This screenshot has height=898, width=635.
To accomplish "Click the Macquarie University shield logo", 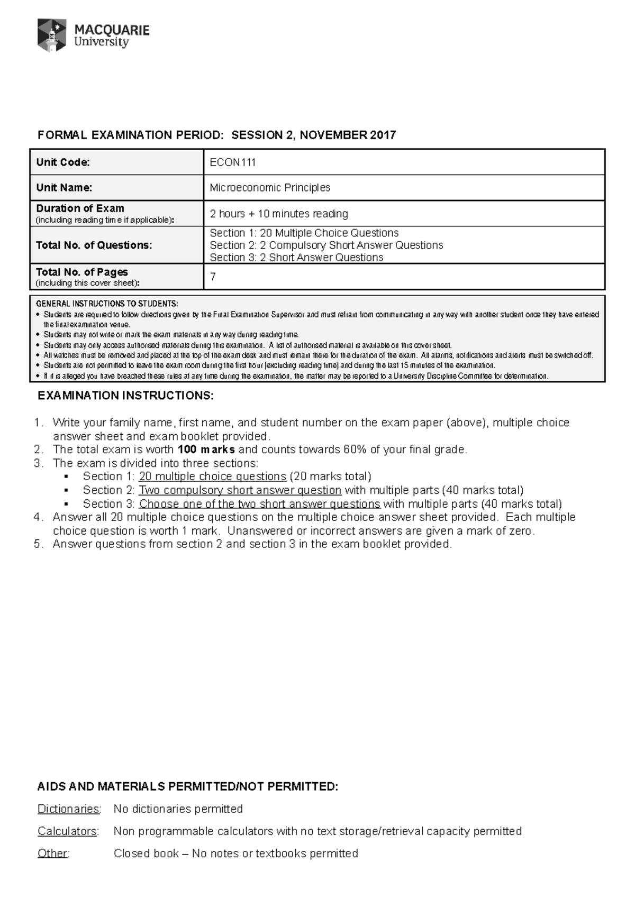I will click(x=52, y=35).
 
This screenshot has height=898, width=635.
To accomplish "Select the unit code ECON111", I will click(x=233, y=162).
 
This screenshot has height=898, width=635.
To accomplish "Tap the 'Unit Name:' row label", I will click(x=64, y=188).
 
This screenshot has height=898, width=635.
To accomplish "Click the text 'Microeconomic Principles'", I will click(x=270, y=188).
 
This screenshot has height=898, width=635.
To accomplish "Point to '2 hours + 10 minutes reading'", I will click(x=279, y=214).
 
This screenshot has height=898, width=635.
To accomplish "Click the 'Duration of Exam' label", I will click(x=80, y=208).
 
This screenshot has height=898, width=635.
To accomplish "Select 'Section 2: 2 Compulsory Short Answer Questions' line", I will click(x=326, y=245).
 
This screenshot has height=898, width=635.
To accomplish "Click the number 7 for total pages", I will click(x=213, y=277).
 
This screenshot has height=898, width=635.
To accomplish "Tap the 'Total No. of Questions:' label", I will click(x=94, y=245).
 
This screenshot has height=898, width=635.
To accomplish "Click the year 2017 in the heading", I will click(x=383, y=135).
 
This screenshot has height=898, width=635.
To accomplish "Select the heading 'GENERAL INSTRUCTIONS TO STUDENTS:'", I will click(x=106, y=304).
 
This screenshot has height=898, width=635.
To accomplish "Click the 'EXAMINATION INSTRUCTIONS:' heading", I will click(x=125, y=396).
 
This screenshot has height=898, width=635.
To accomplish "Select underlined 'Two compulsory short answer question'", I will click(x=240, y=490).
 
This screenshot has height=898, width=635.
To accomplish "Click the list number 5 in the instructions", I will click(x=38, y=544).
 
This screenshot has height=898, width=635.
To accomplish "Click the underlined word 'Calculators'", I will click(x=67, y=831).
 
